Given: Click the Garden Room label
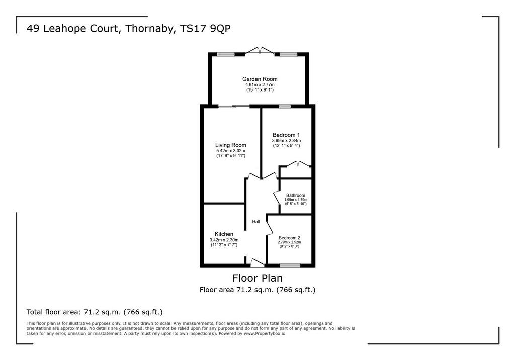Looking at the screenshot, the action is [260, 79].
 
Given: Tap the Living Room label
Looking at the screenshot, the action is [230, 145].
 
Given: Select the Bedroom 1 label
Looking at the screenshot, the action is [286, 135].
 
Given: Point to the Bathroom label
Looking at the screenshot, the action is [296, 195].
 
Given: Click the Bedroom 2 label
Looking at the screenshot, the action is [289, 238].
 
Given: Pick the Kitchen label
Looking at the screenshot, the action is [224, 234].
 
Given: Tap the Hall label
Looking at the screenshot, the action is [256, 222].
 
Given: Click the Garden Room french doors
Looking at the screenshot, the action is [260, 50].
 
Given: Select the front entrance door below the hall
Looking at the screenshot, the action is [257, 262].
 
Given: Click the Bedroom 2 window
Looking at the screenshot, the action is [290, 265].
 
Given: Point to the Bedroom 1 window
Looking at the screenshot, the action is [285, 106].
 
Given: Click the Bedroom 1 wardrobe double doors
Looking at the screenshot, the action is [298, 164].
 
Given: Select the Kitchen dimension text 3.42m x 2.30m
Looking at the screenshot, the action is [224, 240].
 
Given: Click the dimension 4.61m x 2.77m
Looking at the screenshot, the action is [260, 85].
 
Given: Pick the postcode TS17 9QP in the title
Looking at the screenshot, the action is [206, 29].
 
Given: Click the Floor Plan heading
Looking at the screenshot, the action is [257, 278].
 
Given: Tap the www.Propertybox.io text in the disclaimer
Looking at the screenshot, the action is [265, 333].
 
